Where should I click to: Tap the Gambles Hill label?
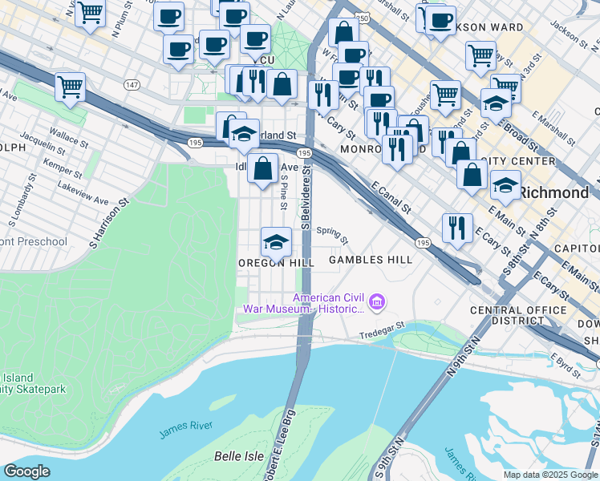click(x=371, y=260)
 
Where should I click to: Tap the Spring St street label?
click(x=332, y=235)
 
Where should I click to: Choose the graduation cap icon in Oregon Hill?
click(x=275, y=241)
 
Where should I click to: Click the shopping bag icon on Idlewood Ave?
click(x=263, y=169)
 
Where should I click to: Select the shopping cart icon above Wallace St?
click(x=70, y=87)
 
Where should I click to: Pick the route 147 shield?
click(x=132, y=84)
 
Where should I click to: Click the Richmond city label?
click(x=553, y=192)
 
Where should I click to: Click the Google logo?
click(x=27, y=471)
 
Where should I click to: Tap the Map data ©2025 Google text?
click(x=549, y=475)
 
